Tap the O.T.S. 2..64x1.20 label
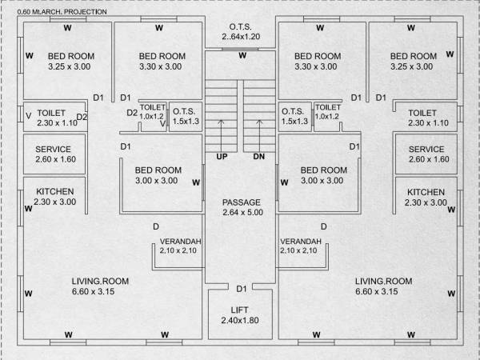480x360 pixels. coord(241,31)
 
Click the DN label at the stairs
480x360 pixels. coord(259,157)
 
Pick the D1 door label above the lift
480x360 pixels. coord(242,288)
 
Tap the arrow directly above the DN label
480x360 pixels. coord(259,132)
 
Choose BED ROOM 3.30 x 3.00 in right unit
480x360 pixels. coord(318,62)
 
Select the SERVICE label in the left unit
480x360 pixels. coord(54,154)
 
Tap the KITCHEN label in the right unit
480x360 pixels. coord(426,198)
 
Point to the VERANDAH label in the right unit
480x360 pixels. coord(301,246)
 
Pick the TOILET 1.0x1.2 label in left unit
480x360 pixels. coord(152,112)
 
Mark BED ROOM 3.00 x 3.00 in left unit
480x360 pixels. coord(157,175)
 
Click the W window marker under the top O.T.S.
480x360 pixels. coord(241,55)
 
